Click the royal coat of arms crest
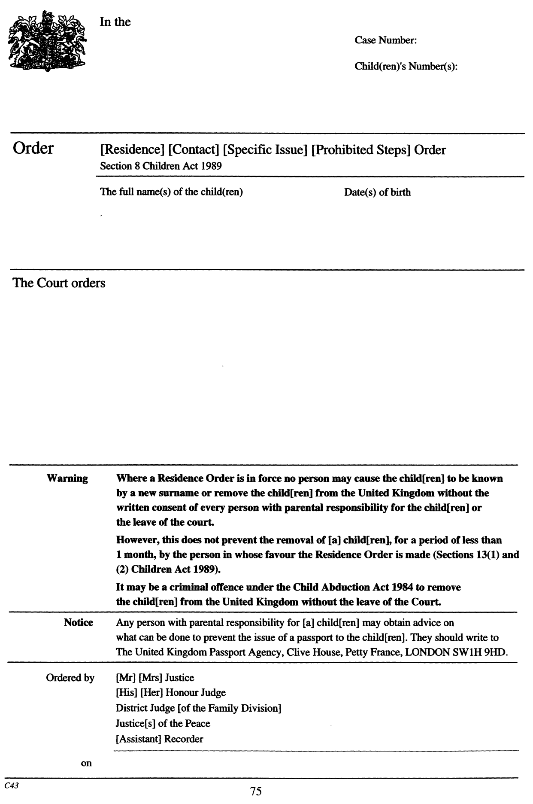[47, 41]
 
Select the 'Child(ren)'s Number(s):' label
[405, 67]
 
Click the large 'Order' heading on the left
[33, 148]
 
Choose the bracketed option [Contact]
[194, 150]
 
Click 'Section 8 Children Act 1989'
[161, 167]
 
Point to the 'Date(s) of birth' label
[377, 192]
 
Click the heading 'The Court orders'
[59, 283]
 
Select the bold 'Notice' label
[79, 622]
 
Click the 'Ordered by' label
[70, 678]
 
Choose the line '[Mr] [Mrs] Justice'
[155, 678]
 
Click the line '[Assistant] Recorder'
[160, 739]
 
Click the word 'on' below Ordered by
[87, 764]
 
